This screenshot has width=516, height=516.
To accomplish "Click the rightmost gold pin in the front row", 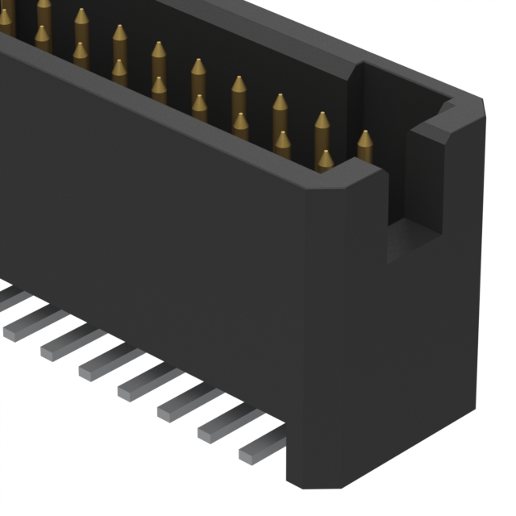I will click(x=325, y=160).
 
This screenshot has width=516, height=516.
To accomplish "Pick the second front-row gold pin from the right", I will click(x=283, y=143).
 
